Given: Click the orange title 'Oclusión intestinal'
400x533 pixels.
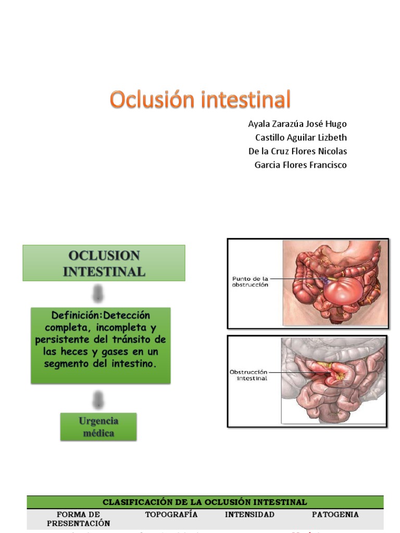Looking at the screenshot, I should click(x=200, y=99).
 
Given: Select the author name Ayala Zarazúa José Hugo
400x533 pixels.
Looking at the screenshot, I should click(x=297, y=124).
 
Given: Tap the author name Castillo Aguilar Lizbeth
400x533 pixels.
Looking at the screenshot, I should click(x=301, y=138).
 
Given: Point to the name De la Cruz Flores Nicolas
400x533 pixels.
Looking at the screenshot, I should click(x=297, y=151).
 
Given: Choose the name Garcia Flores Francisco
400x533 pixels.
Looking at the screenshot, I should click(x=300, y=165).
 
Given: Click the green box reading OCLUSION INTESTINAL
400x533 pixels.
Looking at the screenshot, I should click(x=104, y=263).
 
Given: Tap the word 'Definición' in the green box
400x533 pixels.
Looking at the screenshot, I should click(x=73, y=316).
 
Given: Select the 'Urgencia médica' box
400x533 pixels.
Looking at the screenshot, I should click(x=98, y=427).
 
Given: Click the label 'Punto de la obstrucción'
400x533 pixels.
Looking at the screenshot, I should click(x=250, y=282).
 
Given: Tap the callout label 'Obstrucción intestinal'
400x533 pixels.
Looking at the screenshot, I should click(x=248, y=375).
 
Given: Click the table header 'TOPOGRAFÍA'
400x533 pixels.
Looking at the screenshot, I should click(x=171, y=514).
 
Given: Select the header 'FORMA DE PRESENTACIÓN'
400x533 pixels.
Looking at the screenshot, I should click(x=79, y=519).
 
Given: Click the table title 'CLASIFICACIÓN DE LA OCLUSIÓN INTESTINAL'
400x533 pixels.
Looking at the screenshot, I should click(x=205, y=502).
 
